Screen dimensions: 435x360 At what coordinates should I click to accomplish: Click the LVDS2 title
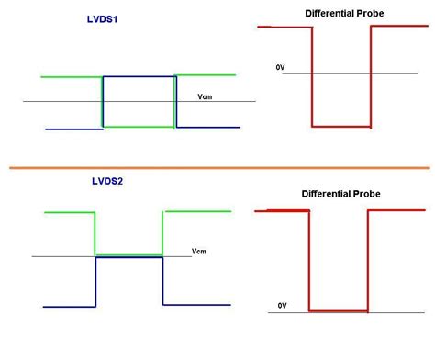coord(108,181)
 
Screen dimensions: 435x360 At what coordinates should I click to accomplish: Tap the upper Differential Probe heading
coord(344,13)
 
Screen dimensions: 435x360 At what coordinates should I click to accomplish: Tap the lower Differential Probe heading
coord(340,194)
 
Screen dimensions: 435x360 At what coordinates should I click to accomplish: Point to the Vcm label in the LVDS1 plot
coord(206,96)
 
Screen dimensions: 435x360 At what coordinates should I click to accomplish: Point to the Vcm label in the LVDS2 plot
coord(199,251)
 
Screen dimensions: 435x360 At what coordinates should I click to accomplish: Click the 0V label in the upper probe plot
coord(280,67)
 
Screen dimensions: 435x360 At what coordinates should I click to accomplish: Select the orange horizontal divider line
coord(218,168)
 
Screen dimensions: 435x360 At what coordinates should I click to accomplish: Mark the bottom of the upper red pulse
coord(341,125)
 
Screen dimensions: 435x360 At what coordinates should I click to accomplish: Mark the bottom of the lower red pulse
coord(338,310)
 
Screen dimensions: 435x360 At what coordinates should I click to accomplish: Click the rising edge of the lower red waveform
coord(367,261)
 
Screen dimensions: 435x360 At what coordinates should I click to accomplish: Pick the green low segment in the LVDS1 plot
coord(138,125)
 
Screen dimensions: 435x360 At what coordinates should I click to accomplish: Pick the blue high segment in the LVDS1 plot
coord(139,77)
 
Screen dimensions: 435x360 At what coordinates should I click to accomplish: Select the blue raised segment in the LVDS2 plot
coord(128,258)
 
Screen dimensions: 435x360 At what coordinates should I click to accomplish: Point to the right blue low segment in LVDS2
coord(197,304)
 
